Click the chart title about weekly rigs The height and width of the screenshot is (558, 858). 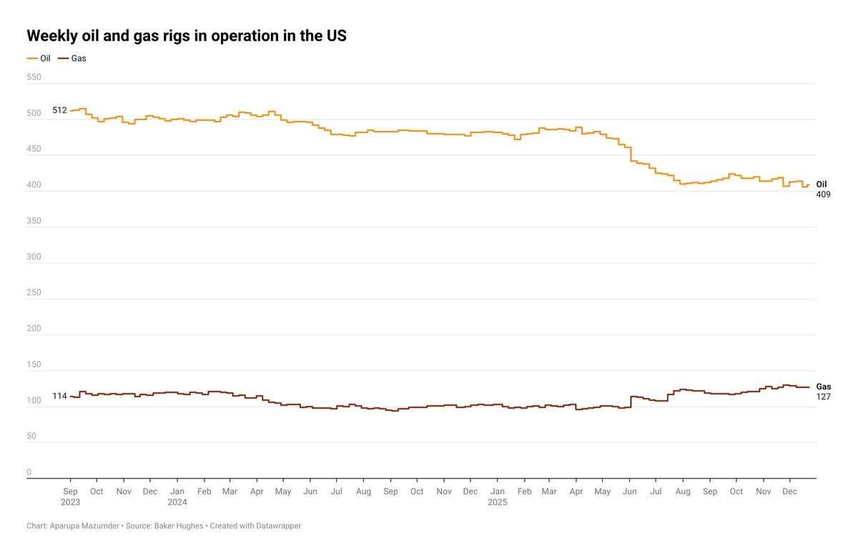click(x=187, y=36)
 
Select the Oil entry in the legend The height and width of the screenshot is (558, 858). click(x=45, y=58)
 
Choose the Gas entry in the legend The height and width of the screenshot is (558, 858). click(x=79, y=58)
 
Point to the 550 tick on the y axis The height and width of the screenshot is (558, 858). click(x=34, y=77)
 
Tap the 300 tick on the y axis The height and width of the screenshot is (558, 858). click(x=34, y=257)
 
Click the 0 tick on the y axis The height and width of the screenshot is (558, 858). click(x=29, y=472)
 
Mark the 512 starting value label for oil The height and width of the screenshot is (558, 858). click(x=59, y=110)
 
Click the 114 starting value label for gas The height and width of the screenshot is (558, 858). click(x=59, y=396)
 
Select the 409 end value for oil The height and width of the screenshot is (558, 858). click(x=823, y=195)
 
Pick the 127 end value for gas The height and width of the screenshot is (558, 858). click(x=823, y=396)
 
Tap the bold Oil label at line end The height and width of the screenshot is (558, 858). click(x=822, y=185)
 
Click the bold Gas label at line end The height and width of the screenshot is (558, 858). click(x=824, y=386)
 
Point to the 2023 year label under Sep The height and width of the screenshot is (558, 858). click(x=71, y=502)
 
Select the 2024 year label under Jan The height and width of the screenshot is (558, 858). click(x=177, y=502)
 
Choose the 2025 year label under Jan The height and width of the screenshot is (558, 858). click(x=498, y=502)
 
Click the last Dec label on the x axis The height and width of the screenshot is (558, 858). click(x=790, y=491)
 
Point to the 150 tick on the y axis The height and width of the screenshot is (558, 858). click(x=34, y=364)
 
